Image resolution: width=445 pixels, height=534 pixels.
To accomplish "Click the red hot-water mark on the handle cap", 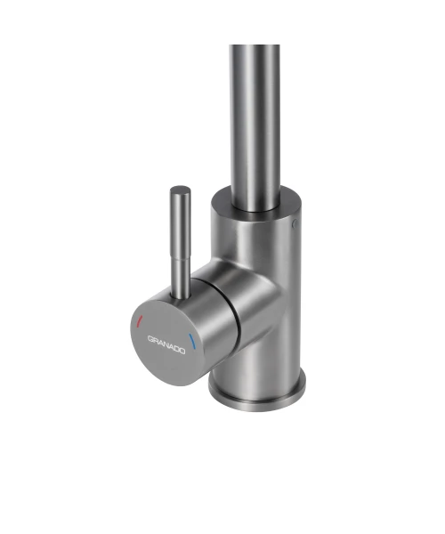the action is [139, 321].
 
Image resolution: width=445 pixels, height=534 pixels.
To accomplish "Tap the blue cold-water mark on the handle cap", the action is [192, 341].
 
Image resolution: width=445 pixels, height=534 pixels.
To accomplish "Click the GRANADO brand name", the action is [166, 344].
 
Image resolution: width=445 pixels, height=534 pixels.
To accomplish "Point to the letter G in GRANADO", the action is [150, 338].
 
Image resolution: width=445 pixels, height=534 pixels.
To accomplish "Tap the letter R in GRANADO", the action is [156, 340].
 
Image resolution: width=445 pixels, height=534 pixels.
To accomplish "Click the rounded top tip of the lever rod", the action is [180, 190].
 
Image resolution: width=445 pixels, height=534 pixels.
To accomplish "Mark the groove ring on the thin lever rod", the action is [181, 259].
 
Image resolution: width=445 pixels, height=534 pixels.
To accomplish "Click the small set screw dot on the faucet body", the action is [295, 223].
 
